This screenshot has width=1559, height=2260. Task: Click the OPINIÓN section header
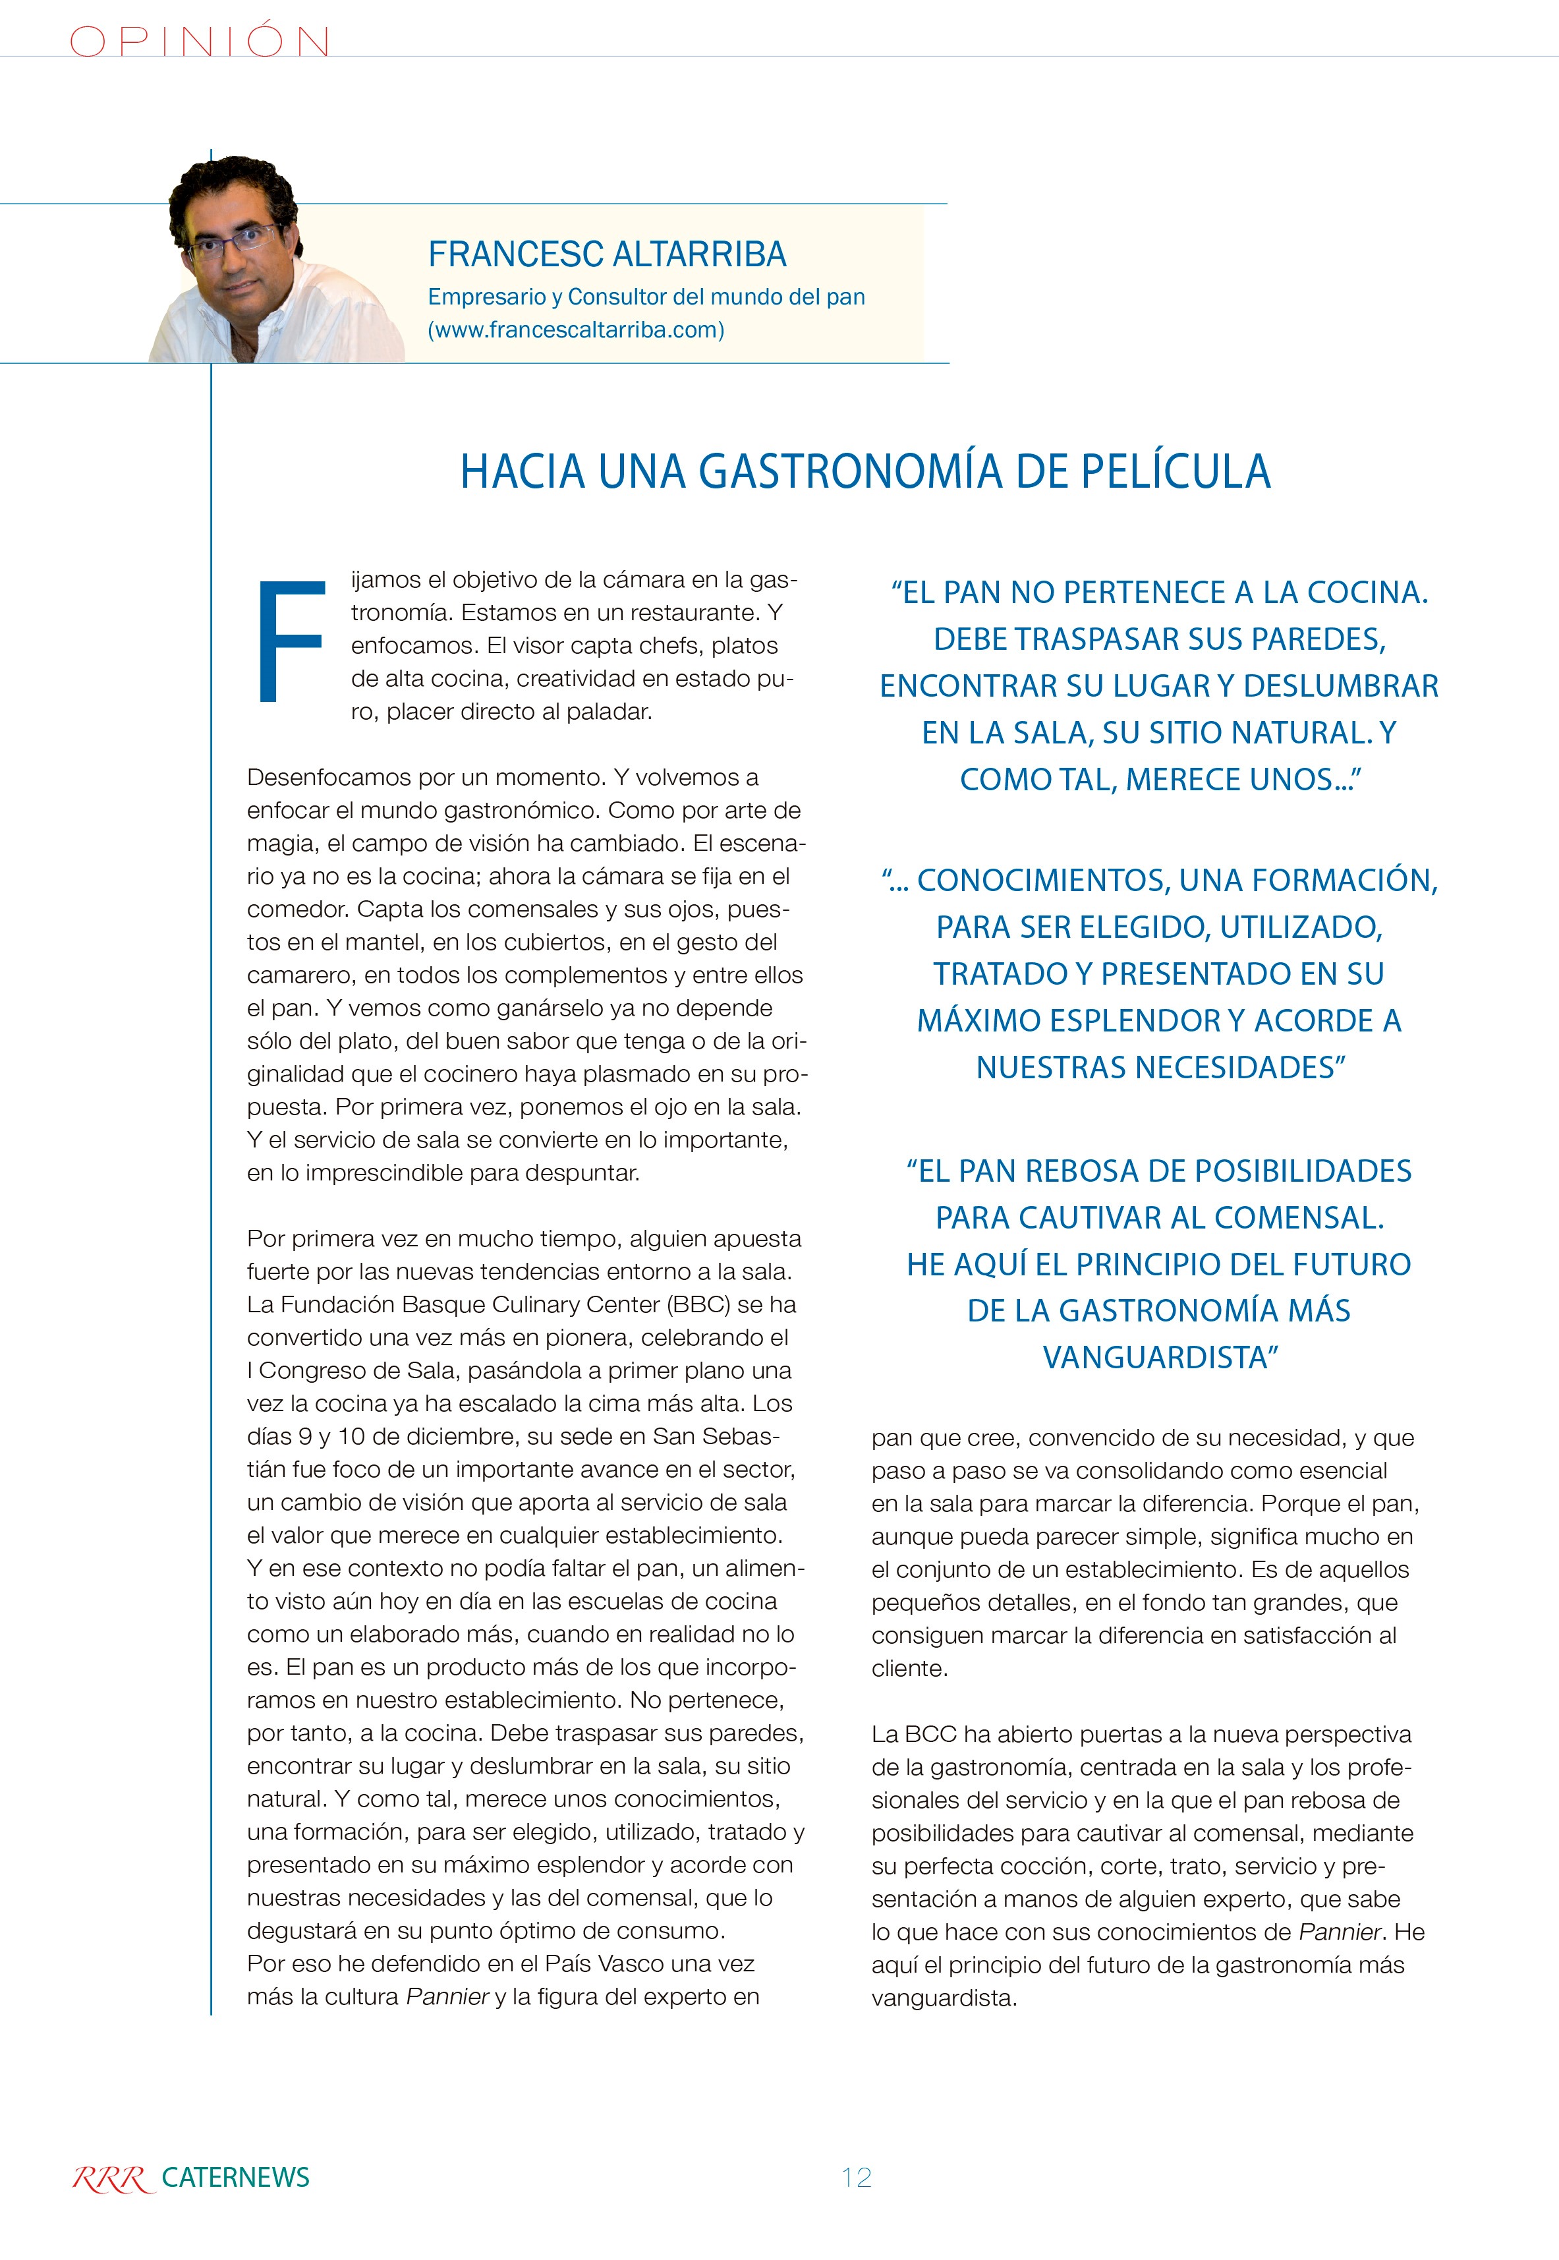pos(199,41)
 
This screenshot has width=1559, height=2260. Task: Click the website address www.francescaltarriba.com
pos(577,330)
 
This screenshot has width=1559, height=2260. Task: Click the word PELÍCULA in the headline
pos(1175,471)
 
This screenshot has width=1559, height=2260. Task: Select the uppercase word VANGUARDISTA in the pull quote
pos(1160,1357)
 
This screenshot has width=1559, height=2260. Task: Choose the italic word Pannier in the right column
pos(1339,1932)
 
